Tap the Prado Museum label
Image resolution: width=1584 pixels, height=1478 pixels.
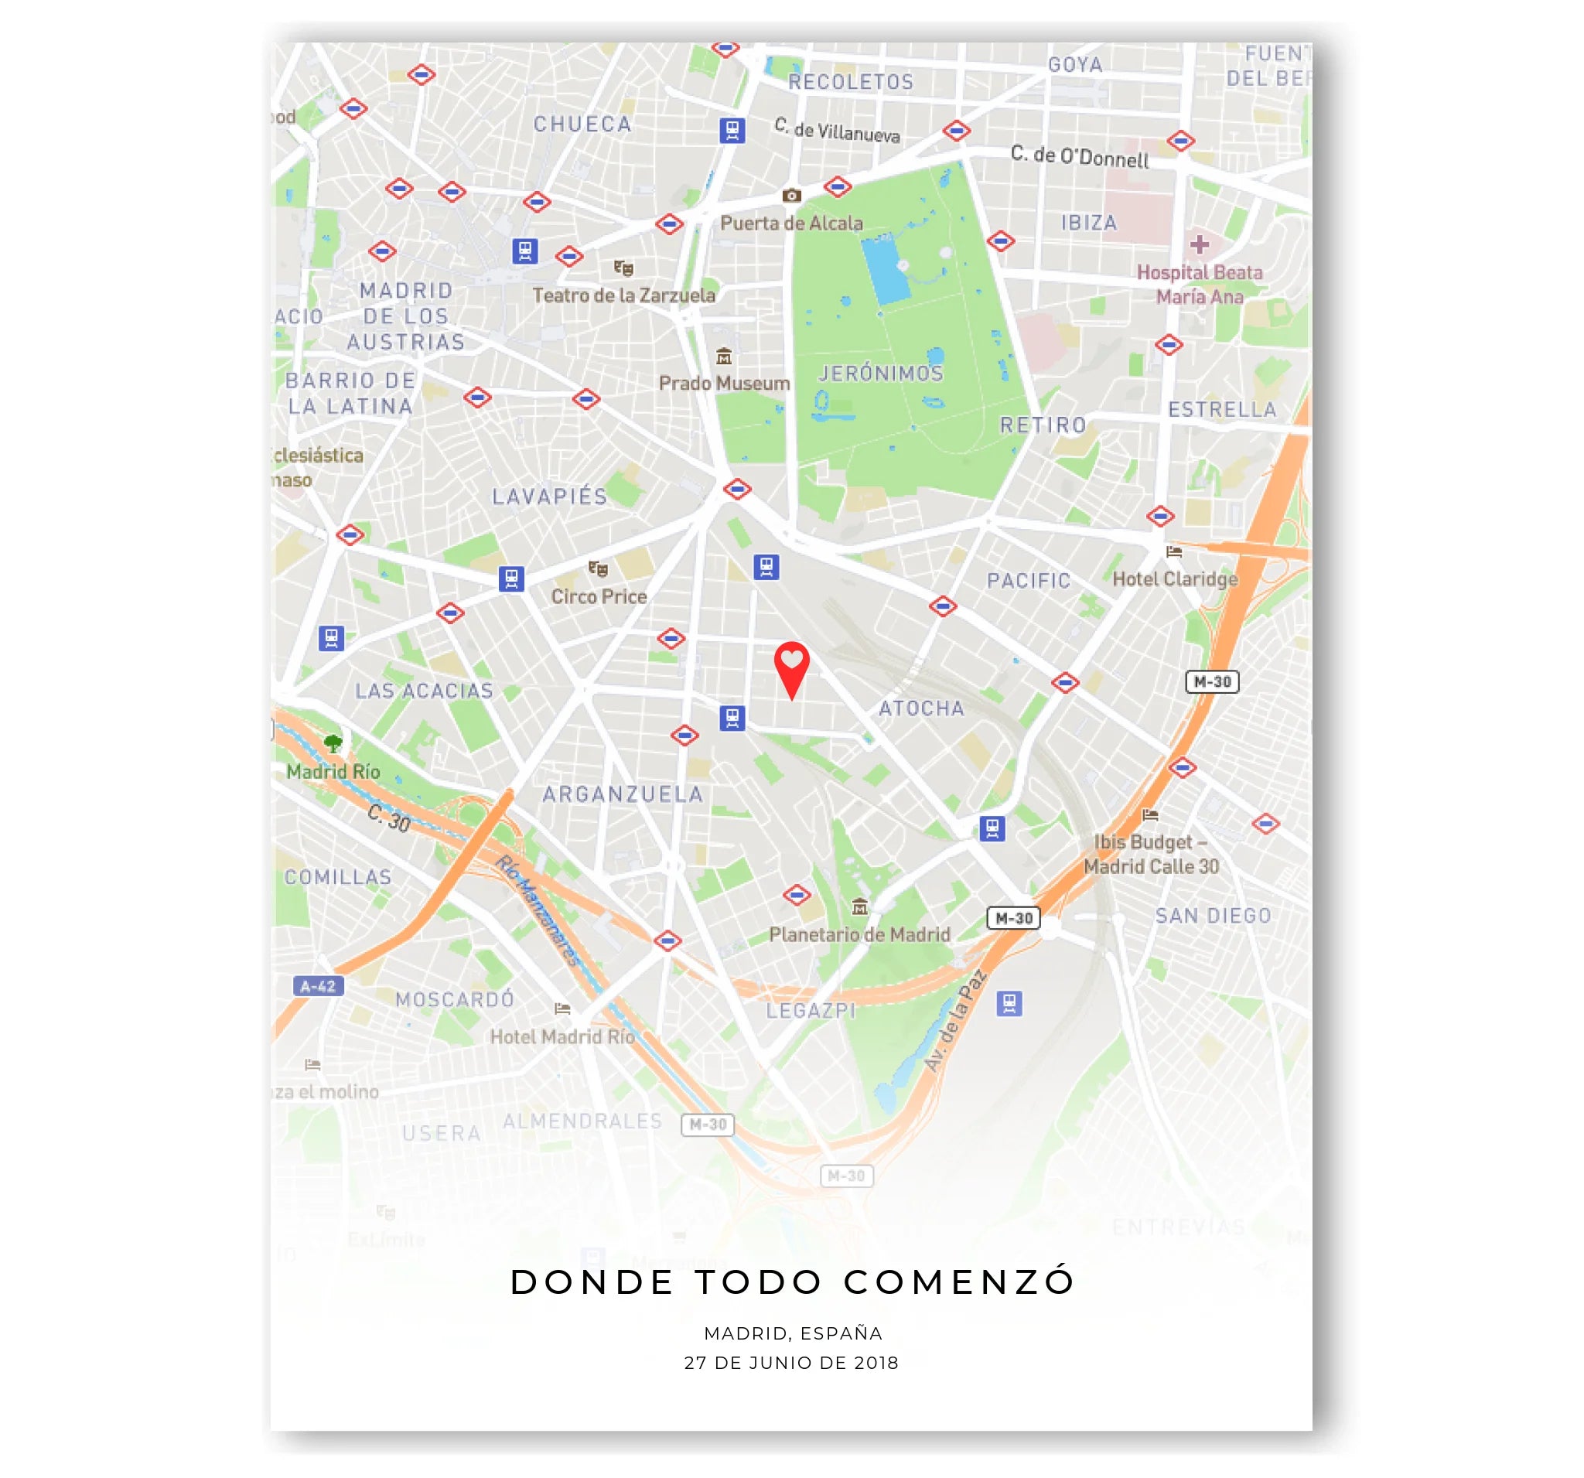(x=723, y=384)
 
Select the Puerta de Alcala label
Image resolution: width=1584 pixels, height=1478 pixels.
(x=791, y=223)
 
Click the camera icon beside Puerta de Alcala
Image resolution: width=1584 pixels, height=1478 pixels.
(x=791, y=195)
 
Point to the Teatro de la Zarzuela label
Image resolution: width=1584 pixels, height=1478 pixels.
(x=623, y=295)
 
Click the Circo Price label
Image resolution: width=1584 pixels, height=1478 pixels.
(x=599, y=597)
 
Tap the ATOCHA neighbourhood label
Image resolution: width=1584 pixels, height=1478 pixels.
(x=921, y=708)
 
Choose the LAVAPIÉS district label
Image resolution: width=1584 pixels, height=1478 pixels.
(x=549, y=497)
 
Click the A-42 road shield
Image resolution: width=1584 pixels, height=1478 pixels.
(x=318, y=986)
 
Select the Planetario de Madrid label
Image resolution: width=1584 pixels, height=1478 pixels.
(x=859, y=934)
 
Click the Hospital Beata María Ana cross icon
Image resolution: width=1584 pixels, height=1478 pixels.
(x=1199, y=244)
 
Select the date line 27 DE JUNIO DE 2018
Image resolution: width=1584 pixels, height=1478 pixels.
(x=791, y=1363)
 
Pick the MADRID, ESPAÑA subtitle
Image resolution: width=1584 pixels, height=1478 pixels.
(x=793, y=1333)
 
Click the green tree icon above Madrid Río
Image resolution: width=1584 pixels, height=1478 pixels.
(x=333, y=743)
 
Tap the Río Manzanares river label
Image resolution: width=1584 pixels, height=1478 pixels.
(x=537, y=910)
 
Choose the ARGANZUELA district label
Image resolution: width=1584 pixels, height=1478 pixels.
(x=623, y=794)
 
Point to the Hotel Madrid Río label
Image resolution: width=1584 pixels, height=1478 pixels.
(x=562, y=1036)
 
